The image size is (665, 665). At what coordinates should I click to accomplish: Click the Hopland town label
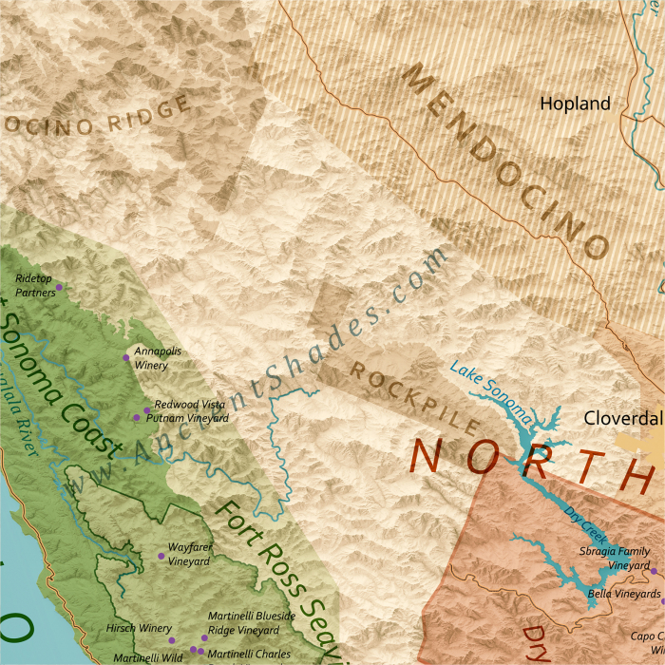[x=575, y=104]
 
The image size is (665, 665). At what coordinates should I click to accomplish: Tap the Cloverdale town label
[x=623, y=418]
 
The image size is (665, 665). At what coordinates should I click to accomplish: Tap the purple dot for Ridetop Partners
[x=59, y=287]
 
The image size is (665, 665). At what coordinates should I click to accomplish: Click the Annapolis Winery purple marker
[x=126, y=357]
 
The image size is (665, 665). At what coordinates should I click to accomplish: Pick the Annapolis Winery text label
[x=158, y=357]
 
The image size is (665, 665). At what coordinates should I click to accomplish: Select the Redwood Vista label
[x=190, y=405]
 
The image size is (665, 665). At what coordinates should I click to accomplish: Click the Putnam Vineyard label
[x=193, y=418]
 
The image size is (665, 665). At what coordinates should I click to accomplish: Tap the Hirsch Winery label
[x=139, y=628]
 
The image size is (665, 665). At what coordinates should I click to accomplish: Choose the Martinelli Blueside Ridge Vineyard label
[x=251, y=623]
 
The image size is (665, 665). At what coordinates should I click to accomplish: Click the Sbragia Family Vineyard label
[x=616, y=559]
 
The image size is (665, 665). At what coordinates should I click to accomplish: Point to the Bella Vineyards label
[x=624, y=594]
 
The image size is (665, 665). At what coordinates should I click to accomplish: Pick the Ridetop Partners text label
[x=35, y=285]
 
